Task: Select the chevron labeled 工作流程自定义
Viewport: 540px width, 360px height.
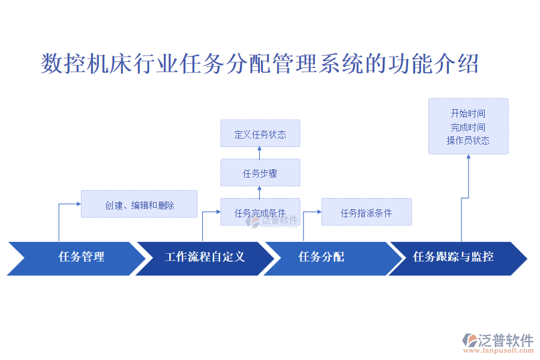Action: coord(204,258)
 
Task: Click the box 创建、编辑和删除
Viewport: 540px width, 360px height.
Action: coord(139,205)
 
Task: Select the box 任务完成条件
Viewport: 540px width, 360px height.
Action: coord(260,212)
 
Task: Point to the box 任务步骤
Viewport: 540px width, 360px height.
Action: coord(260,173)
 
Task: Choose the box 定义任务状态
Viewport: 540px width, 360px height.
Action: coord(260,134)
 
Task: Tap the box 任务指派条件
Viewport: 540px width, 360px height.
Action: coord(366,212)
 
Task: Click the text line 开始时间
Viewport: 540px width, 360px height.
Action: coord(468,113)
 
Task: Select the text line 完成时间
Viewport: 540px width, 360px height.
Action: coord(468,127)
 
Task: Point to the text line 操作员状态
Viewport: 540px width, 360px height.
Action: coord(468,140)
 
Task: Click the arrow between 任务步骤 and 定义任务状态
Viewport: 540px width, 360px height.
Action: coord(260,153)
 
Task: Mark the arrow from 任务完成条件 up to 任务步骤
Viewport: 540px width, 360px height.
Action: coord(260,192)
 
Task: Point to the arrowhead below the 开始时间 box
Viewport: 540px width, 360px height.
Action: coord(468,157)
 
